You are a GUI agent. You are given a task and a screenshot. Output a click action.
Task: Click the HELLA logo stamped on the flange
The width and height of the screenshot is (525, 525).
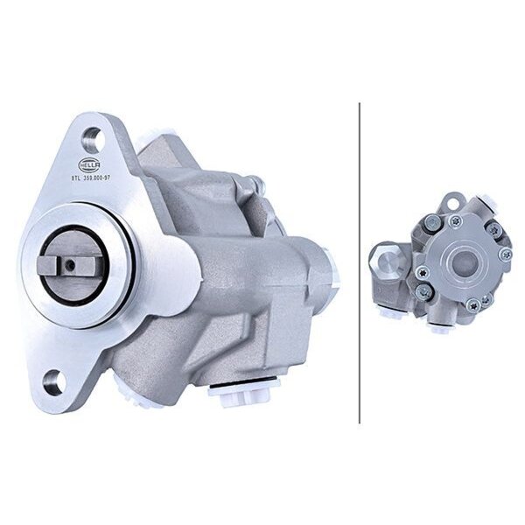pyautogui.click(x=89, y=164)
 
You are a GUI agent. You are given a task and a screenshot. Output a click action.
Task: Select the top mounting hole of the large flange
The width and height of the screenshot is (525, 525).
pyautogui.click(x=92, y=137)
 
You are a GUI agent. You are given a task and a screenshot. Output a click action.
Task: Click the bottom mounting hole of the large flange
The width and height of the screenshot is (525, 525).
pyautogui.click(x=53, y=382)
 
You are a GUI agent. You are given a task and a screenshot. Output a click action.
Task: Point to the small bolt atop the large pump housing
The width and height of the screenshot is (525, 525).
pyautogui.click(x=255, y=184)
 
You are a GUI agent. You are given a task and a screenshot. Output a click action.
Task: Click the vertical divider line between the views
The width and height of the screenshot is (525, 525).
pyautogui.click(x=360, y=262)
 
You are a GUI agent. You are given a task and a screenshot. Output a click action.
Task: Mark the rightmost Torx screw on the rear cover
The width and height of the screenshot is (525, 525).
pyautogui.click(x=504, y=255)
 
